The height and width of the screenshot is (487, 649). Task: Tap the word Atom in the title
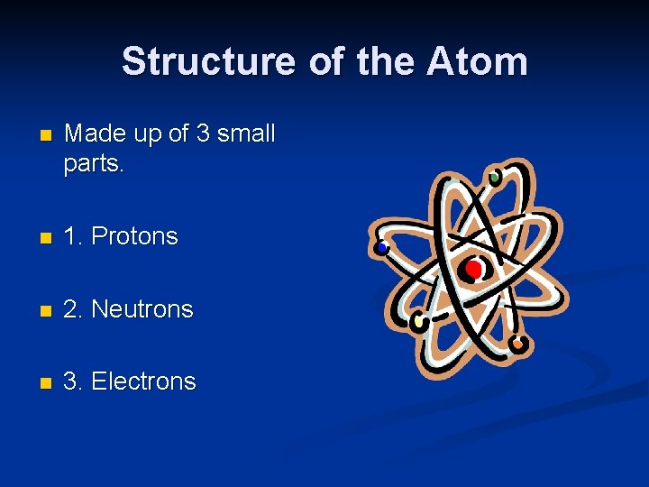(478, 62)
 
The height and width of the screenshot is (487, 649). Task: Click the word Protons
(135, 236)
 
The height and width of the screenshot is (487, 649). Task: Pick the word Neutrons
(142, 308)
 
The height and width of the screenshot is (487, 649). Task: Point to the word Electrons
(143, 381)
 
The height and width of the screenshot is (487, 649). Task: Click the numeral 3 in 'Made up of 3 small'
(203, 134)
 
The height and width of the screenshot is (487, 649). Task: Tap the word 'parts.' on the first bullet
(93, 165)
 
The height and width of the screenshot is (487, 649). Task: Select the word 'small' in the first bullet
(245, 134)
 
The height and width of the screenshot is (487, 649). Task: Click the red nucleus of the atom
(473, 269)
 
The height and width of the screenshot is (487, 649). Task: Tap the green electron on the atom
(494, 178)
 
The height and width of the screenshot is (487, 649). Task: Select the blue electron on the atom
(382, 247)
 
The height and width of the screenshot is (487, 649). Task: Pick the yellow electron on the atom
(418, 320)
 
